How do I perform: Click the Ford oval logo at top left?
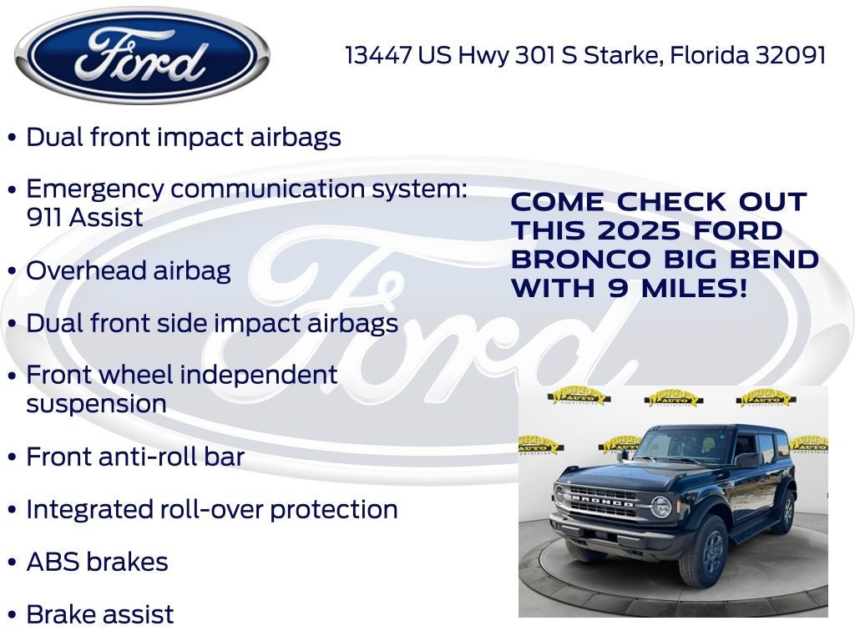(x=142, y=55)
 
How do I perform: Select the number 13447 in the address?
(x=378, y=55)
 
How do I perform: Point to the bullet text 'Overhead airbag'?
(x=129, y=270)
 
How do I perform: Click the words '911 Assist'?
(x=84, y=218)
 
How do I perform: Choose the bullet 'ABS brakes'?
(x=97, y=562)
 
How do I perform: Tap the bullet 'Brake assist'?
(x=100, y=614)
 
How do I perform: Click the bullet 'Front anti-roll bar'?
(x=135, y=457)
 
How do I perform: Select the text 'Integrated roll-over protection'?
(x=212, y=509)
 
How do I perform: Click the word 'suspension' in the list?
(x=96, y=404)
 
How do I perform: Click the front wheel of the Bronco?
(x=704, y=552)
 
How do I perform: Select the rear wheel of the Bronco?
(x=785, y=512)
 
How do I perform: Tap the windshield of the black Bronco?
(x=680, y=446)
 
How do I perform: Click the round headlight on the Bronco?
(x=661, y=506)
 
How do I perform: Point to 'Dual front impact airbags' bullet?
(x=184, y=137)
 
